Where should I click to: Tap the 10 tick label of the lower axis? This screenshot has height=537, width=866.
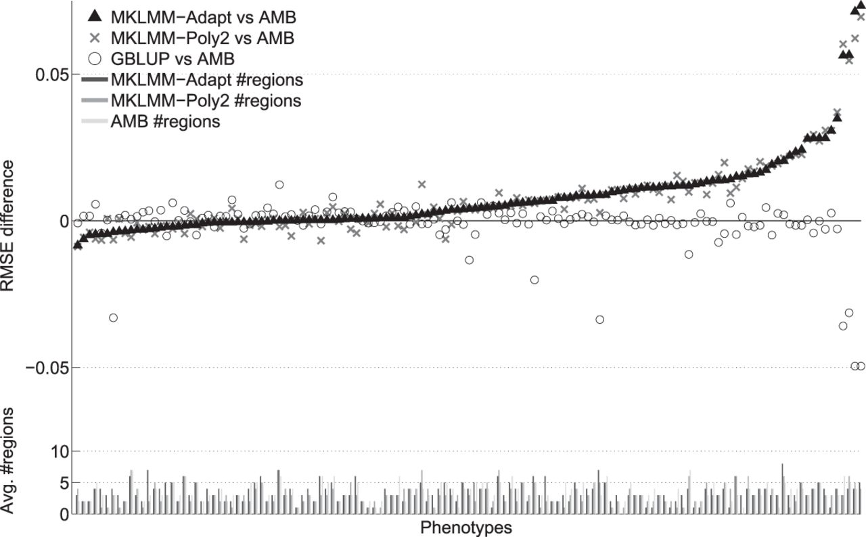pos(60,452)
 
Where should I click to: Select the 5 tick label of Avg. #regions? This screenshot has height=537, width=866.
pos(64,484)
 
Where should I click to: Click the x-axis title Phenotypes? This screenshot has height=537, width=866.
pos(466,528)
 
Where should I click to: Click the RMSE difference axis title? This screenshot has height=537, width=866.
pos(7,225)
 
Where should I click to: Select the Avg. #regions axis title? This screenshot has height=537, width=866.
pos(7,460)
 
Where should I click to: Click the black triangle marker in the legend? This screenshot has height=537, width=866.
pos(95,16)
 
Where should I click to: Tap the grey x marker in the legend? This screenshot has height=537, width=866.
pos(95,38)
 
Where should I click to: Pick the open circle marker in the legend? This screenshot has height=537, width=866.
pos(95,59)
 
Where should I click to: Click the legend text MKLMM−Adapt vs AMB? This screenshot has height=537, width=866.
pos(204,18)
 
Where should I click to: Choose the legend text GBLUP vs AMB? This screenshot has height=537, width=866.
pos(173,59)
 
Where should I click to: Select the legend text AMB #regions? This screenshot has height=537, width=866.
pos(166,122)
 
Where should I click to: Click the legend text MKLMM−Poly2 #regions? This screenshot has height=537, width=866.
pos(206,101)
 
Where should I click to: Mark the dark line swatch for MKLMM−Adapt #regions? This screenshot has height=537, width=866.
pos(95,80)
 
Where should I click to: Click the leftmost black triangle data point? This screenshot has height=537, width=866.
pos(77,244)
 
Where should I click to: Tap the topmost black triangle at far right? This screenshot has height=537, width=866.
pos(861,4)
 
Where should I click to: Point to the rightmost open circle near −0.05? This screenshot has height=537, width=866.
pos(861,366)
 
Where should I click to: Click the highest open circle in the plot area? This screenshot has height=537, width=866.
pos(279,185)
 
